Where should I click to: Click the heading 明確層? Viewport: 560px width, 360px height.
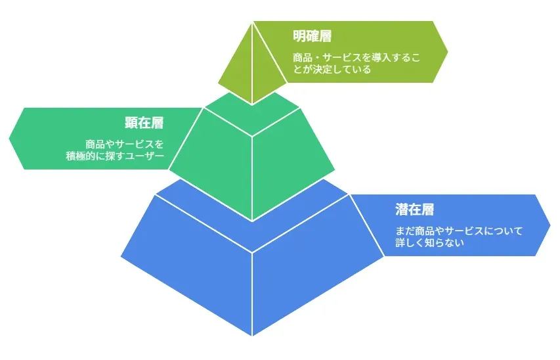(312, 37)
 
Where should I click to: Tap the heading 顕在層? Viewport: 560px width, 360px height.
(144, 123)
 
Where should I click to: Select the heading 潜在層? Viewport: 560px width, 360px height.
(415, 210)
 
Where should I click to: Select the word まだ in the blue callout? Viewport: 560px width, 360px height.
(405, 231)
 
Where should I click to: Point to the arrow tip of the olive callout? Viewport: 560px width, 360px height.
(448, 52)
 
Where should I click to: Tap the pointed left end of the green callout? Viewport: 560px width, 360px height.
(9, 139)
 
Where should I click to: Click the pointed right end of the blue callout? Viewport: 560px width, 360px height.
(550, 225)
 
